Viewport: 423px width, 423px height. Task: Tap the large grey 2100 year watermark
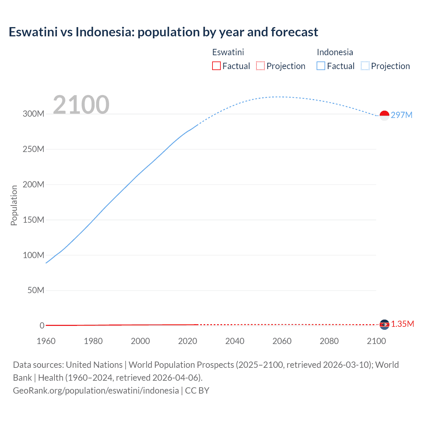tap(81, 105)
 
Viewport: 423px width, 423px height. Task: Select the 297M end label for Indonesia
tap(402, 115)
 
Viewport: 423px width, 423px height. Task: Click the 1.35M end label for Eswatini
tap(402, 324)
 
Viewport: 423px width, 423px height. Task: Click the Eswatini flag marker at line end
tap(384, 325)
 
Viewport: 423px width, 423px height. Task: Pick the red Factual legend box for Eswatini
tap(216, 66)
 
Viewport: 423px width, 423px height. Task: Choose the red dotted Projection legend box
tap(260, 66)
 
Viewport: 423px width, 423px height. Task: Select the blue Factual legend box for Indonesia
tap(321, 66)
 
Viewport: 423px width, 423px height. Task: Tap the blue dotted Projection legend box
tap(365, 66)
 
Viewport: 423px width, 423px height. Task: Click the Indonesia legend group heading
tap(335, 52)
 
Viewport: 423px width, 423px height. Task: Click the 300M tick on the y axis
tap(33, 114)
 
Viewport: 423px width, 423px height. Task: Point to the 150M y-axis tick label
tap(33, 220)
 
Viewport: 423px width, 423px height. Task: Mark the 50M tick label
tap(36, 290)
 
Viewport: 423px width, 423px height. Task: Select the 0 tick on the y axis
tap(42, 326)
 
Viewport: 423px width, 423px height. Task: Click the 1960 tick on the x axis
tap(46, 341)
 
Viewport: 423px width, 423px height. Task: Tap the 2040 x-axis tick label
tap(235, 341)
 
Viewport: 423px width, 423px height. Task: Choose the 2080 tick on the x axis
tap(329, 341)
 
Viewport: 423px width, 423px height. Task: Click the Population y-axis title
tap(14, 205)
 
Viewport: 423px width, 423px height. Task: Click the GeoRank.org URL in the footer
tap(96, 391)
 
